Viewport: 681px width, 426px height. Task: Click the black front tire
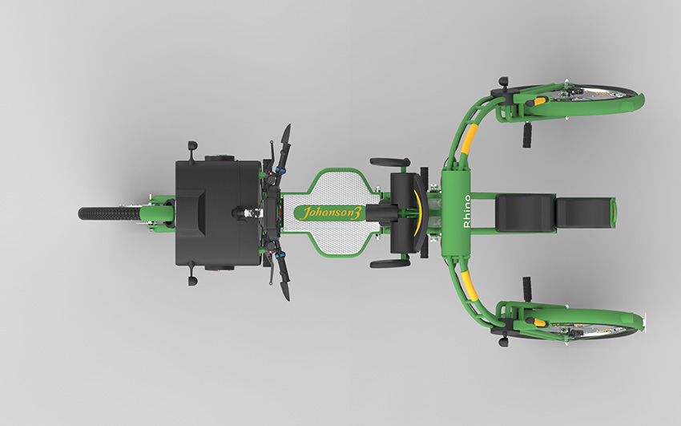pyautogui.click(x=109, y=213)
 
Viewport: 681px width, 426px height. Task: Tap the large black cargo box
pyautogui.click(x=218, y=213)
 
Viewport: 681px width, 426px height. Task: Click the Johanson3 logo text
pyautogui.click(x=331, y=213)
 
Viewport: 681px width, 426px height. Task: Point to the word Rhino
pyautogui.click(x=467, y=211)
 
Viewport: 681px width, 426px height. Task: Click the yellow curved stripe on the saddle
pyautogui.click(x=419, y=213)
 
